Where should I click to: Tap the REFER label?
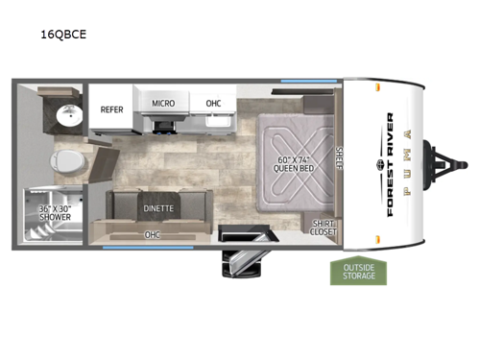pos(111,109)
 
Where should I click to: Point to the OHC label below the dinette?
pos(152,234)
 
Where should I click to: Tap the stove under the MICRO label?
pos(162,125)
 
